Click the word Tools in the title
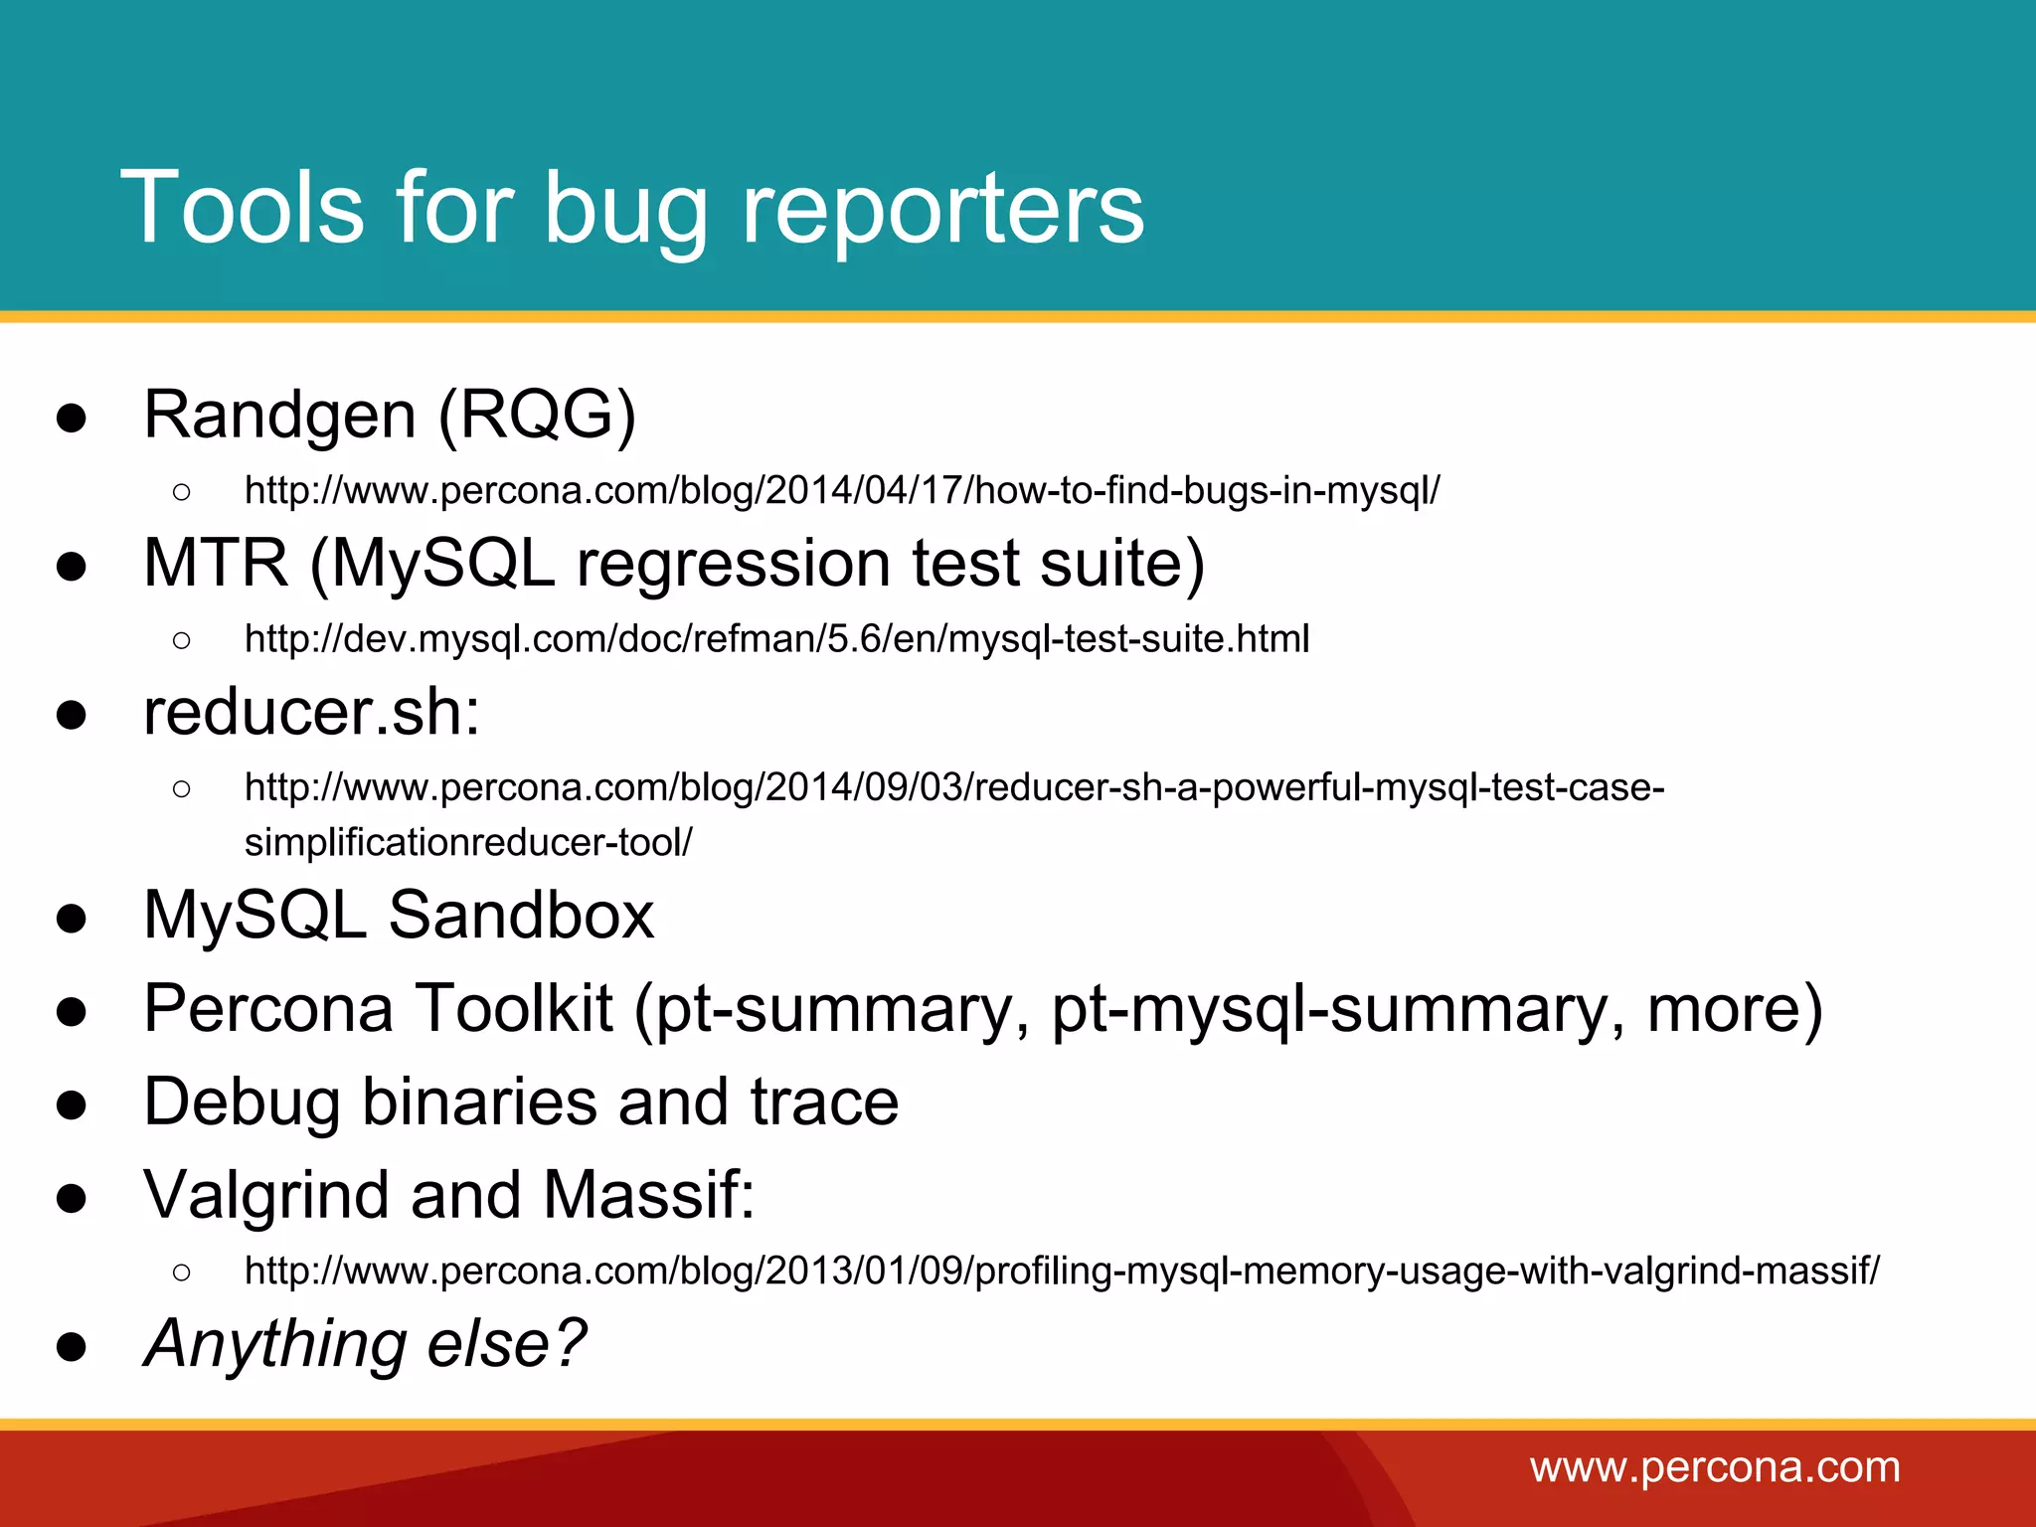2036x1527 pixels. pos(243,207)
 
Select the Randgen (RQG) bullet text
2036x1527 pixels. pos(389,415)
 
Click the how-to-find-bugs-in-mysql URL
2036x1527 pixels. pos(841,490)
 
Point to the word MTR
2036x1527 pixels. pos(216,563)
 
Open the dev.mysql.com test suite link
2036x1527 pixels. pos(776,638)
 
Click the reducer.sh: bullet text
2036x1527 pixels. pos(311,712)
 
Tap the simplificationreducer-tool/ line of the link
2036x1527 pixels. pos(468,842)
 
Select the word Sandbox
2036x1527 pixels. pos(521,915)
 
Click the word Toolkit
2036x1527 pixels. pos(513,1008)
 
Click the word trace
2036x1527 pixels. pos(824,1102)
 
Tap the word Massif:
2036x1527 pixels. pos(649,1194)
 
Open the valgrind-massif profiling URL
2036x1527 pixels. pos(1062,1271)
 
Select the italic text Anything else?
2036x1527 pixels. pos(365,1343)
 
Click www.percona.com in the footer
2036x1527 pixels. pos(1715,1467)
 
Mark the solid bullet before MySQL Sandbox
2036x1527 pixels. pos(72,918)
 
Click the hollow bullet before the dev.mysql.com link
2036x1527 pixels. pos(181,640)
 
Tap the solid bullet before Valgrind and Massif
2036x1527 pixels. pos(72,1197)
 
